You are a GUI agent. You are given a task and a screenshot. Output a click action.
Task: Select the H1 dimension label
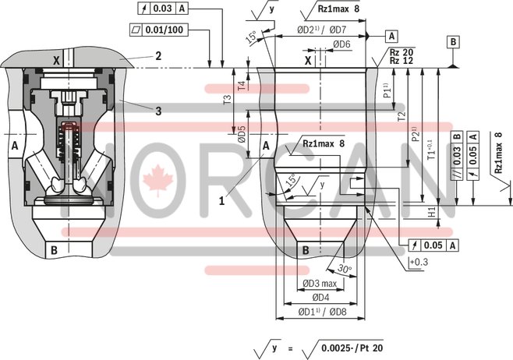(431, 212)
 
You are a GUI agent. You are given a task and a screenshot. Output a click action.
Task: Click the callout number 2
(157, 55)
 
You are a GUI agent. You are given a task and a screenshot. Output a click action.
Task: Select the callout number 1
(222, 200)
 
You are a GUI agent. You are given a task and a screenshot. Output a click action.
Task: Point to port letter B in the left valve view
(54, 250)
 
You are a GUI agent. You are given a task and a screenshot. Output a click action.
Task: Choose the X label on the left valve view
(55, 60)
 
